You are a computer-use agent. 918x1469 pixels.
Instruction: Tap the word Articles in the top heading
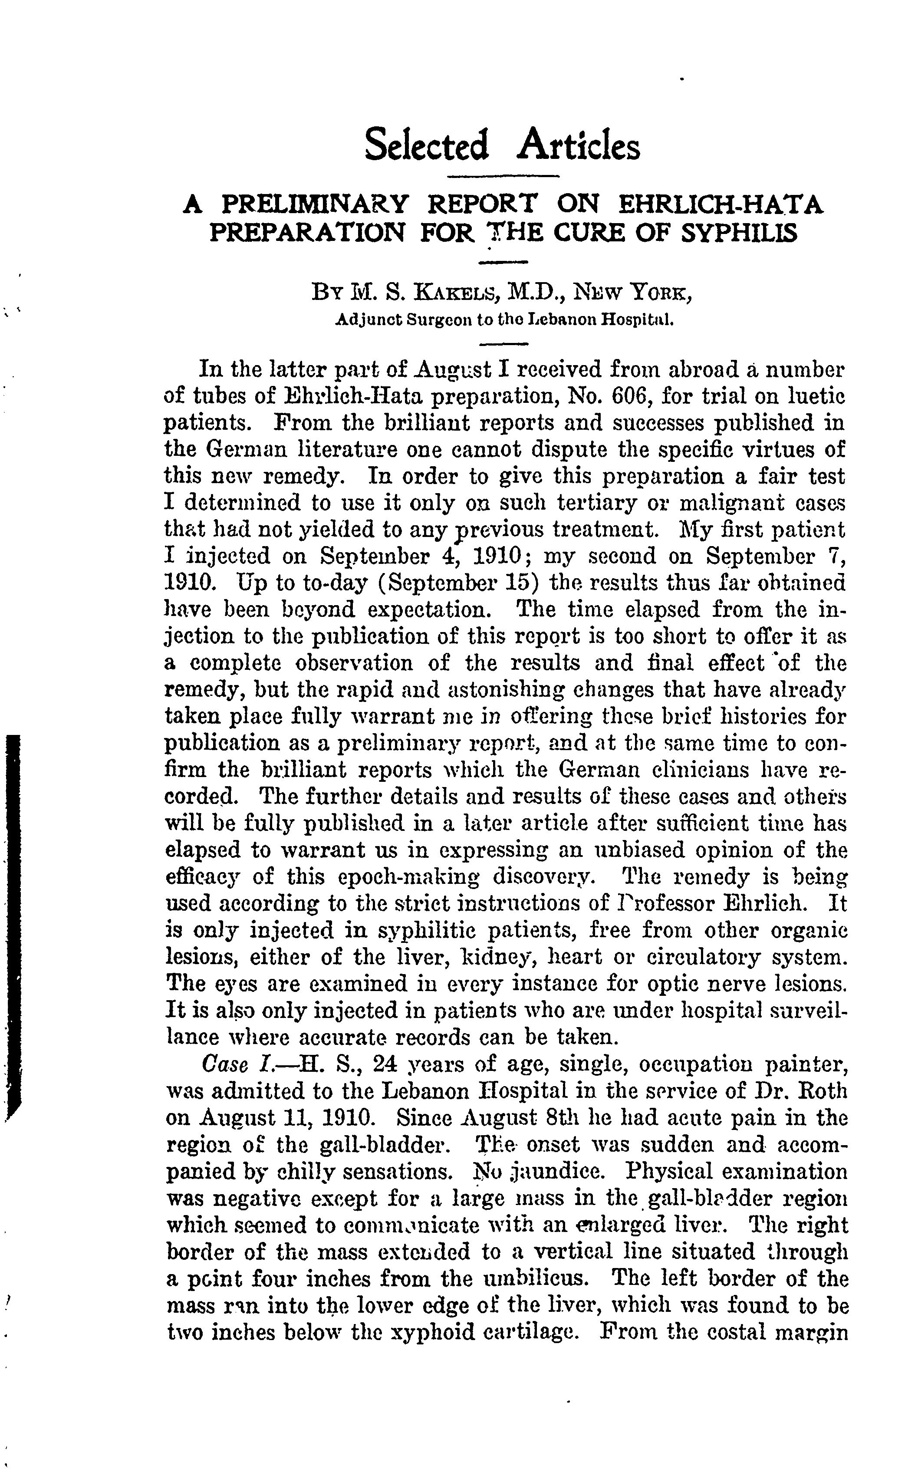pos(578,146)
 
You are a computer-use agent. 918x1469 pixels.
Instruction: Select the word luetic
pos(816,396)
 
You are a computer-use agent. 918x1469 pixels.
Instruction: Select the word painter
pos(805,1064)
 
